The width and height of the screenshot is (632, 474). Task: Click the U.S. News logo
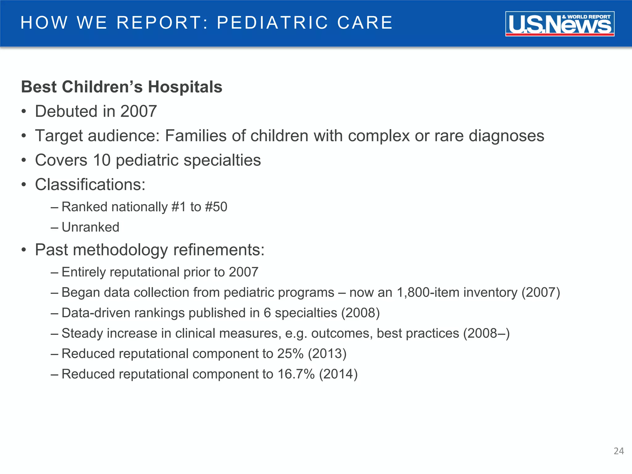click(559, 24)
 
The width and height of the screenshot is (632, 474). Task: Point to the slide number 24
click(619, 451)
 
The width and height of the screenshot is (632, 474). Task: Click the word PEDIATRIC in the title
click(272, 23)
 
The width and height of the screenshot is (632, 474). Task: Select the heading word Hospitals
click(185, 87)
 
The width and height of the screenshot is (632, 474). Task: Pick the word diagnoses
click(506, 136)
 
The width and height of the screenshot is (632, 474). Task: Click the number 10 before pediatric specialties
click(102, 160)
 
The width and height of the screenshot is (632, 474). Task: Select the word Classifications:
click(90, 185)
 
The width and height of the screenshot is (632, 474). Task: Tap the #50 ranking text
click(216, 207)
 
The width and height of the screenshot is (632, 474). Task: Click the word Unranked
click(90, 227)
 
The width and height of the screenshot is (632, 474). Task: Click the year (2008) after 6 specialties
click(360, 313)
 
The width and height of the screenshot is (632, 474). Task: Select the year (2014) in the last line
click(338, 374)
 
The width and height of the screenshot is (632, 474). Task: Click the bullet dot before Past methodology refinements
click(24, 250)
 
